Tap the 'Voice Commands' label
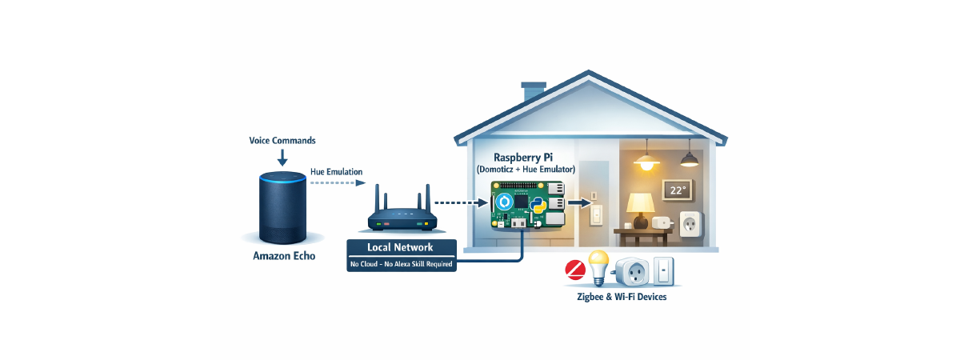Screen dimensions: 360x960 (x=282, y=140)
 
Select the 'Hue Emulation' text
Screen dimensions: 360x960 (x=337, y=172)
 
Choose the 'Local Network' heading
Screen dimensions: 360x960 (x=401, y=248)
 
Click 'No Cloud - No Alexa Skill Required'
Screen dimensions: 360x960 (x=401, y=263)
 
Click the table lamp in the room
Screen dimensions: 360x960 (x=640, y=210)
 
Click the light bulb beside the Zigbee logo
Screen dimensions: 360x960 (x=599, y=267)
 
